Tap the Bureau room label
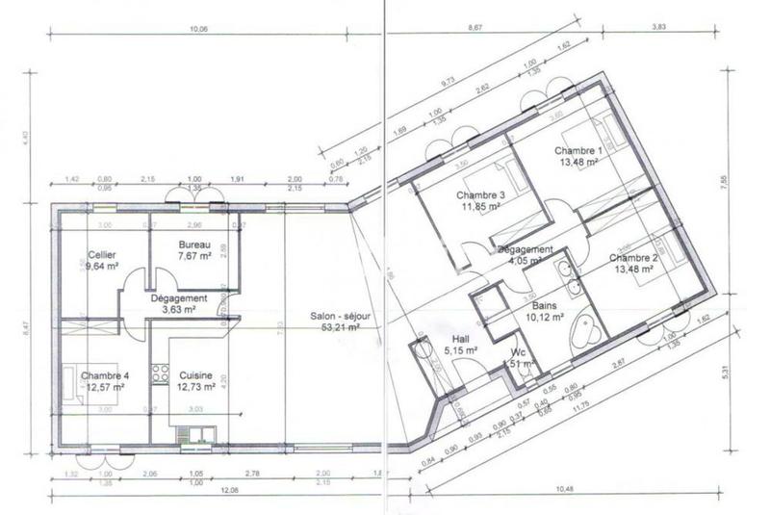point(194,245)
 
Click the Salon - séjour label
point(336,316)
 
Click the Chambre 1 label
point(577,151)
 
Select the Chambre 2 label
point(632,258)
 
